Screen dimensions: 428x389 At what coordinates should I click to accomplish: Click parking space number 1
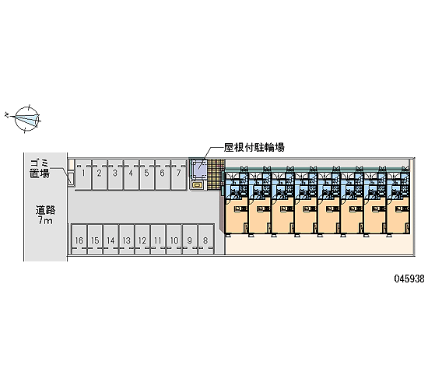click(84, 176)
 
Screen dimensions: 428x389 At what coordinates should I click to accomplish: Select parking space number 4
click(132, 176)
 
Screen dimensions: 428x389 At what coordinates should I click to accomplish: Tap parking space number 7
click(179, 176)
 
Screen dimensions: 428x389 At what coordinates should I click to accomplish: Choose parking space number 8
click(205, 240)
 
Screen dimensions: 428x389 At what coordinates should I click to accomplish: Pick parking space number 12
click(142, 240)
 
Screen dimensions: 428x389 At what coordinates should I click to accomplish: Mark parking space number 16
click(79, 240)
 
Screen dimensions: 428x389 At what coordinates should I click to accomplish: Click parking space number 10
click(174, 240)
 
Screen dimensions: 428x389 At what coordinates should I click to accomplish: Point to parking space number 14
click(111, 240)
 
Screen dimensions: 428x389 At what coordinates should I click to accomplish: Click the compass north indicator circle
click(26, 118)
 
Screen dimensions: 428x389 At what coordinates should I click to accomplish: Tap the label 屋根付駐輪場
click(254, 148)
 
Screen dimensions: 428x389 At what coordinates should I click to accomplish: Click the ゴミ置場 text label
click(40, 169)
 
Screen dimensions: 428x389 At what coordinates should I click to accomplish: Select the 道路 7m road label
click(45, 215)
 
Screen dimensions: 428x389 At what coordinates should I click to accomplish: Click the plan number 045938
click(409, 279)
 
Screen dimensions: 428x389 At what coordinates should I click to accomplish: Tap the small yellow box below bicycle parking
click(197, 186)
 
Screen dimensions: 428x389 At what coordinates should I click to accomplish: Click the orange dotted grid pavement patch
click(216, 174)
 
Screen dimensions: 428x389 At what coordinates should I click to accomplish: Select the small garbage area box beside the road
click(72, 179)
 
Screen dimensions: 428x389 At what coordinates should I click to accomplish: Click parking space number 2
click(100, 176)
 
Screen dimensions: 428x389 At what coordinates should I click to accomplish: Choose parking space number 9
click(190, 240)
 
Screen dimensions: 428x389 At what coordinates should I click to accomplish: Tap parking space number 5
click(147, 176)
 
